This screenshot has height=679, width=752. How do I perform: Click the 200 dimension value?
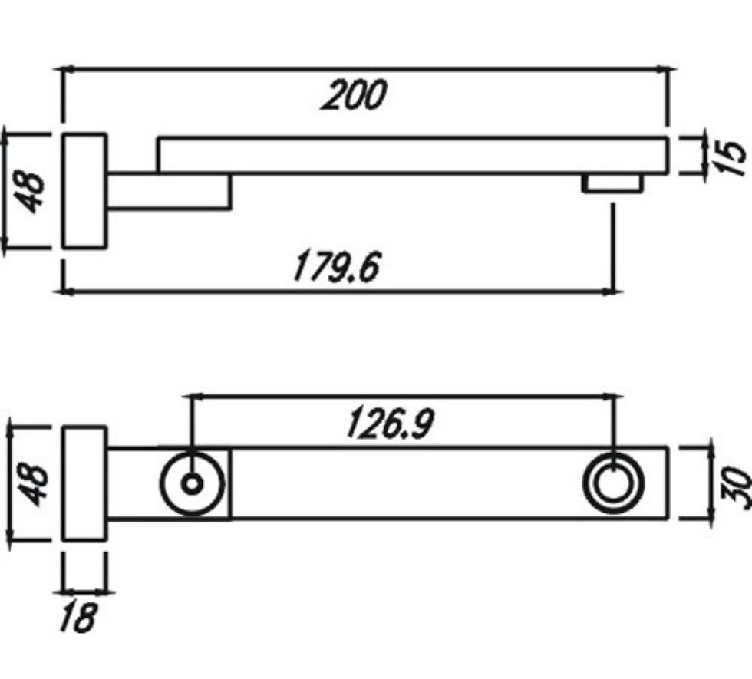click(x=354, y=95)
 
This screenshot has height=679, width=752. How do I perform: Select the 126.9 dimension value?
click(x=390, y=424)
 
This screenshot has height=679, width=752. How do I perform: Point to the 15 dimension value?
click(x=731, y=158)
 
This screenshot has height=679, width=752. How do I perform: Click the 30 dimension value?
click(x=735, y=485)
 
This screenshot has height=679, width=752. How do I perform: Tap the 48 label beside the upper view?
click(x=29, y=191)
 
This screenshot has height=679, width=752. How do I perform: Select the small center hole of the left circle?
click(x=193, y=484)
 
